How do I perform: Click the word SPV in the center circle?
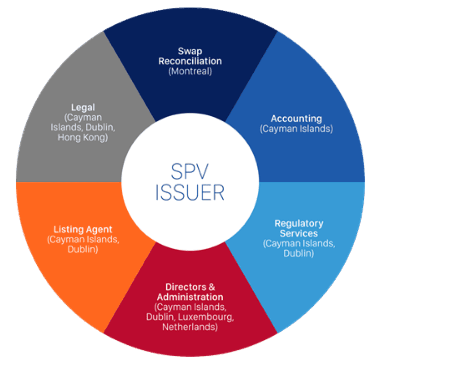[x=190, y=171]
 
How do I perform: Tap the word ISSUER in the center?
[x=190, y=192]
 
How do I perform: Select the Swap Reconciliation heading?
[x=190, y=56]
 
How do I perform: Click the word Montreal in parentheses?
[x=190, y=71]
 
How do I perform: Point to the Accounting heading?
[x=296, y=119]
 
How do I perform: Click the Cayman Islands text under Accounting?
[x=296, y=129]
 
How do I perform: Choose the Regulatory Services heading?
[x=299, y=228]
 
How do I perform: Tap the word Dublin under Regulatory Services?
[x=299, y=253]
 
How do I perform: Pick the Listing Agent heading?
[x=83, y=229]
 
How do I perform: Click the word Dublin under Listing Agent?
[x=83, y=249]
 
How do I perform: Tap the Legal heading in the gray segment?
[x=83, y=107]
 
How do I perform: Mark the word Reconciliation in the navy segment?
[x=190, y=61]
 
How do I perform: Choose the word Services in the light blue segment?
[x=299, y=233]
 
